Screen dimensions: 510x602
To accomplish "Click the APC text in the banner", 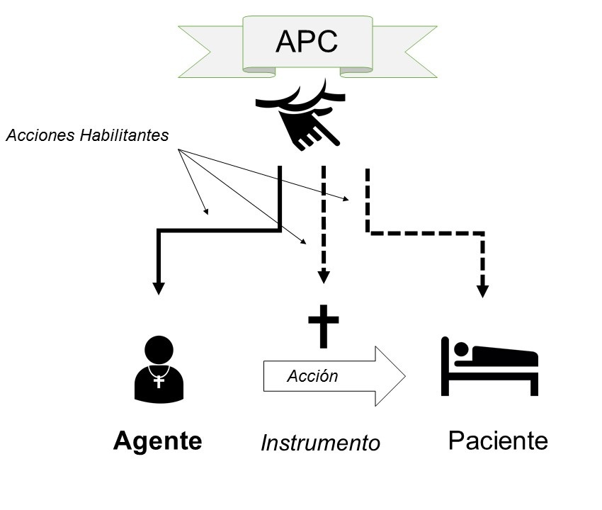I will (x=307, y=42).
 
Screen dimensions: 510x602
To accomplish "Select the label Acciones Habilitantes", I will (x=87, y=135).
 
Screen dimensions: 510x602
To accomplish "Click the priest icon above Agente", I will (x=159, y=370).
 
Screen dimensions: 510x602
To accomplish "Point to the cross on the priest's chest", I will (x=159, y=381).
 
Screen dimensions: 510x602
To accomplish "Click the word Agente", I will (x=157, y=441).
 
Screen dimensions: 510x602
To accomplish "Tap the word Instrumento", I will (x=320, y=443).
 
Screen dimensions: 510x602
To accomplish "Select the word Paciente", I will (x=498, y=441).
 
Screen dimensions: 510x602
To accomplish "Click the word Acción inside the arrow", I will (x=312, y=376).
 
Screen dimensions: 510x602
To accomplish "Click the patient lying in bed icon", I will (x=489, y=365).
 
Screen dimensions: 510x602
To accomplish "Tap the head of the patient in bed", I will (x=461, y=350).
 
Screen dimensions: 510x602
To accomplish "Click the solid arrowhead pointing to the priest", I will (x=159, y=288).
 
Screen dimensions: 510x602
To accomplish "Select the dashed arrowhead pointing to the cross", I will (x=323, y=277).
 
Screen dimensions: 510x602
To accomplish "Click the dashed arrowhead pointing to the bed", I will (x=482, y=290).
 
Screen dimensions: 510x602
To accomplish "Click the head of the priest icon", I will (x=159, y=349).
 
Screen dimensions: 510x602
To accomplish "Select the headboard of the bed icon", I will (x=445, y=365).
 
